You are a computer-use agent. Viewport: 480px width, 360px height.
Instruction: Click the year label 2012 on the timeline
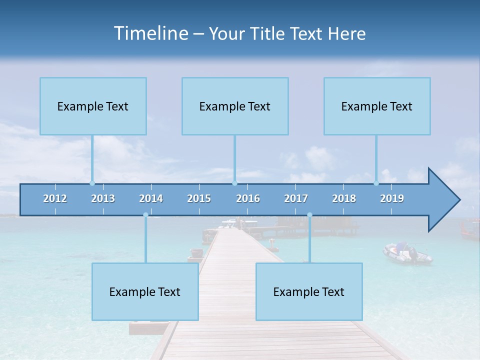pos(55,198)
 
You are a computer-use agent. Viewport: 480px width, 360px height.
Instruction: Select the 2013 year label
pos(103,198)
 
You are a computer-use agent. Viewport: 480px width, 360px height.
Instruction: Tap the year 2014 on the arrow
pos(151,198)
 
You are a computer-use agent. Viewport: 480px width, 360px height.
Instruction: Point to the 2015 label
pos(199,198)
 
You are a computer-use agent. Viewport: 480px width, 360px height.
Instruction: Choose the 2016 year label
pos(248,198)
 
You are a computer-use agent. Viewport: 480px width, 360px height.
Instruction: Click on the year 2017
pos(296,198)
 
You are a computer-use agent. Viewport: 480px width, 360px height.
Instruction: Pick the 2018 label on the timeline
pos(344,198)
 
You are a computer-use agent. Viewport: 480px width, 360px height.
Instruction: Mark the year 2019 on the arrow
pos(392,198)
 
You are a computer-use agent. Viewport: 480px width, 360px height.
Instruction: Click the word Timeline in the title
pos(150,33)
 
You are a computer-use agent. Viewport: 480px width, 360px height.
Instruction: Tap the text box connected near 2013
pos(93,106)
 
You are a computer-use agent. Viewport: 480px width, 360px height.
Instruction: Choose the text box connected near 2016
pos(235,106)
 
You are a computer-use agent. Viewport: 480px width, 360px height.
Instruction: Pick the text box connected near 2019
pos(377,106)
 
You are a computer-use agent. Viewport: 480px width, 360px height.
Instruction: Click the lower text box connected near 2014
pos(145,291)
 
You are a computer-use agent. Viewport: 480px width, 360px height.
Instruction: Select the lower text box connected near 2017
pos(309,291)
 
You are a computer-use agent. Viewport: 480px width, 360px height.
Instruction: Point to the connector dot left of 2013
pos(92,183)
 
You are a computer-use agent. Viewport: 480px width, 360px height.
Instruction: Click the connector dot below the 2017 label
pos(309,215)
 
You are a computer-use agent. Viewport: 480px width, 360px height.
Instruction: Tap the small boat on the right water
pos(407,253)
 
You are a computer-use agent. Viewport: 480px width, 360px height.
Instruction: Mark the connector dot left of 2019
pos(376,183)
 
